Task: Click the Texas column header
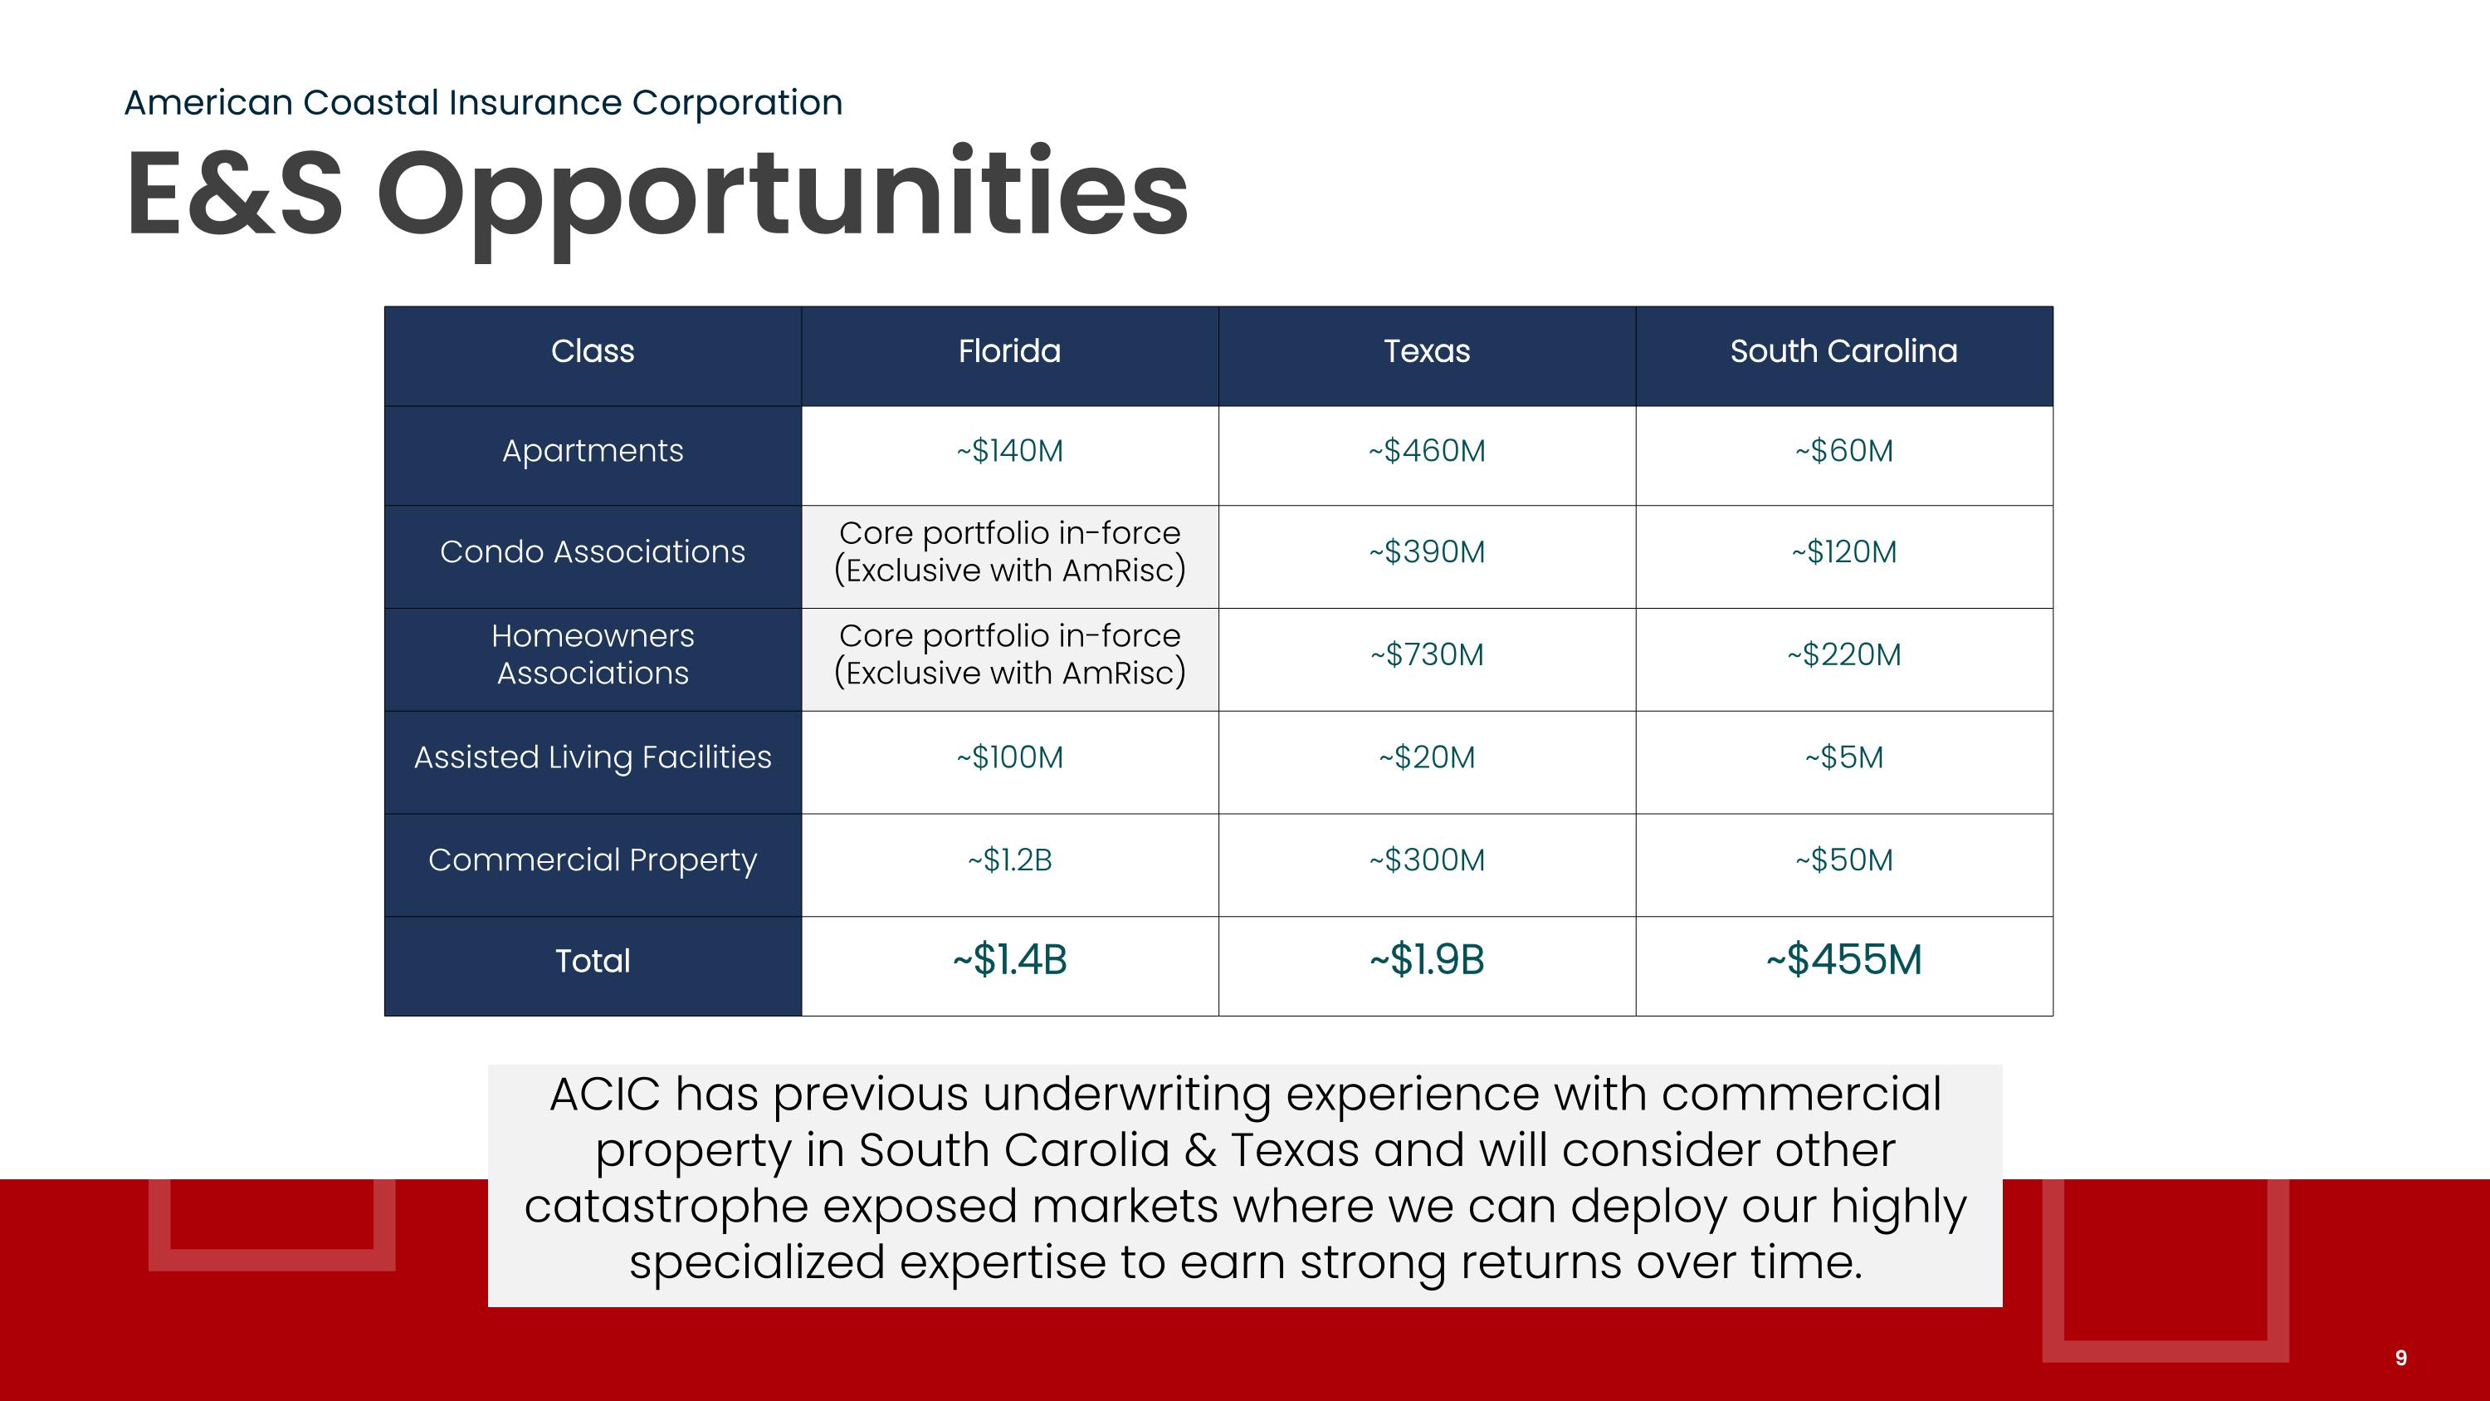[1426, 351]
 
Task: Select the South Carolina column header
[1843, 351]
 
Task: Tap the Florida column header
[1009, 351]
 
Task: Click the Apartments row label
[593, 451]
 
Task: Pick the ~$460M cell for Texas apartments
[1426, 451]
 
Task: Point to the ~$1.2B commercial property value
[1009, 860]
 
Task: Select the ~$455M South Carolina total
[1843, 960]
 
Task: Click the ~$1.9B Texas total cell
[1426, 960]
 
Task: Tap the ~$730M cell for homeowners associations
[1426, 654]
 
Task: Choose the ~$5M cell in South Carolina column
[1843, 757]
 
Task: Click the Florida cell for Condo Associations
[1009, 551]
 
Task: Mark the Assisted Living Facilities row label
[593, 757]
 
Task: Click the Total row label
[593, 961]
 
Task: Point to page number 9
[2400, 1358]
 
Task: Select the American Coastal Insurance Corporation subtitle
[483, 102]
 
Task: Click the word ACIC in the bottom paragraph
[604, 1095]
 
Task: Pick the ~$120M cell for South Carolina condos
[1843, 552]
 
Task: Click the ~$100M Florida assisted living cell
[1009, 757]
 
